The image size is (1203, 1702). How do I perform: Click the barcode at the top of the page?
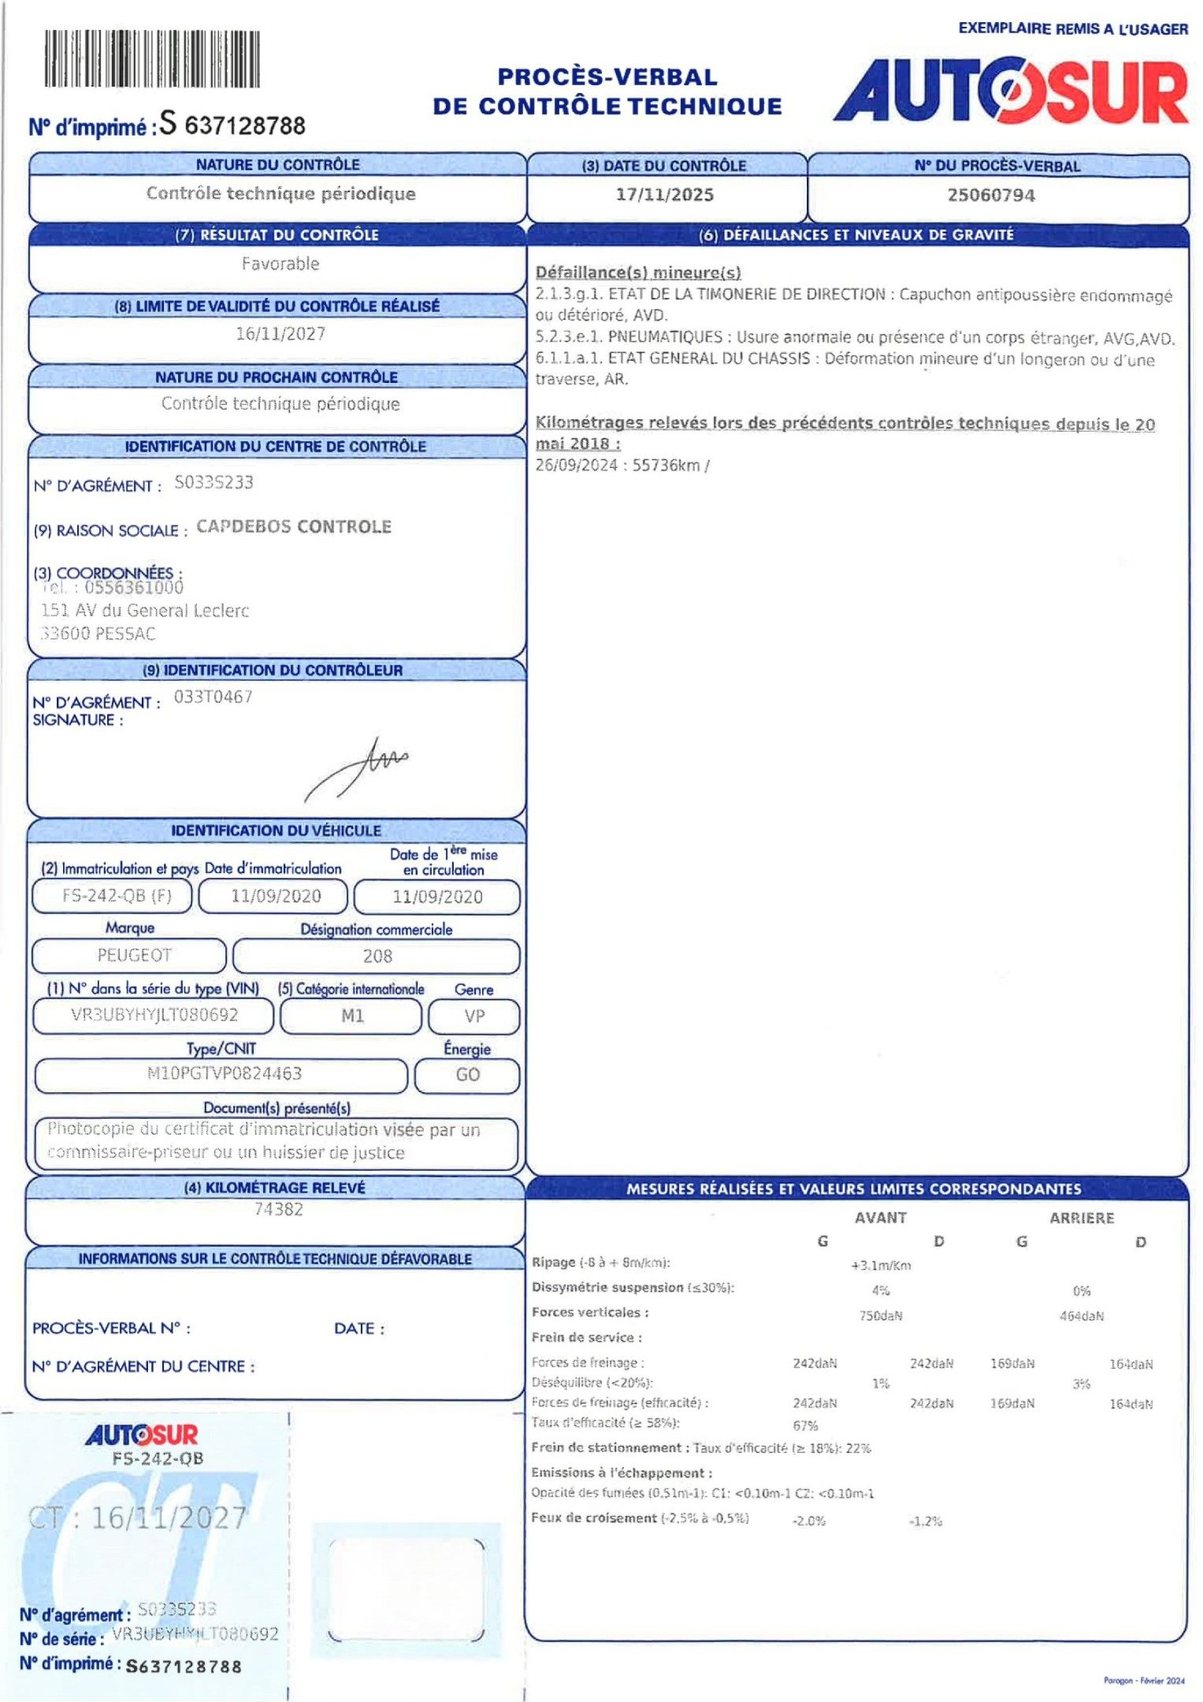tap(151, 58)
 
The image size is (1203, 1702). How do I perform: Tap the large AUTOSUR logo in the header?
tap(1011, 91)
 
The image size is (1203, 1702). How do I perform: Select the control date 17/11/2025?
tap(665, 195)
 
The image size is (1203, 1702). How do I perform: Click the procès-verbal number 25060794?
tap(991, 195)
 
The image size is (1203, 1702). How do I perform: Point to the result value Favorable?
tap(280, 264)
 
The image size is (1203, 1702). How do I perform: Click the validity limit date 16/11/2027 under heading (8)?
tap(280, 334)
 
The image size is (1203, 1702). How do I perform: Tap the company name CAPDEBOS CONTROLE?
tap(294, 526)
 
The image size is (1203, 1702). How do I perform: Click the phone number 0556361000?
tap(134, 588)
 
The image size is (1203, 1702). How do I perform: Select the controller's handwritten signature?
tap(358, 767)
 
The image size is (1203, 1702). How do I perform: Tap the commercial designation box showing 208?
tap(377, 956)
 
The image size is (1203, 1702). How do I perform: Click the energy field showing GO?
tap(468, 1075)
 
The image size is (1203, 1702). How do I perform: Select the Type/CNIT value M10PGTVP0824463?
tap(225, 1073)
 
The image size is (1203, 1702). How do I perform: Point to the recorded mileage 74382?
tap(279, 1210)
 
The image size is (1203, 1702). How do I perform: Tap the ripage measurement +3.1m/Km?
tap(881, 1265)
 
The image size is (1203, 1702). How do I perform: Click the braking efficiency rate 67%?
tap(805, 1425)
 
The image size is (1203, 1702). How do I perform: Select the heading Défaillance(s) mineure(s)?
tap(638, 273)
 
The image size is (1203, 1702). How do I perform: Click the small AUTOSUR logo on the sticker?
tap(142, 1435)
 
